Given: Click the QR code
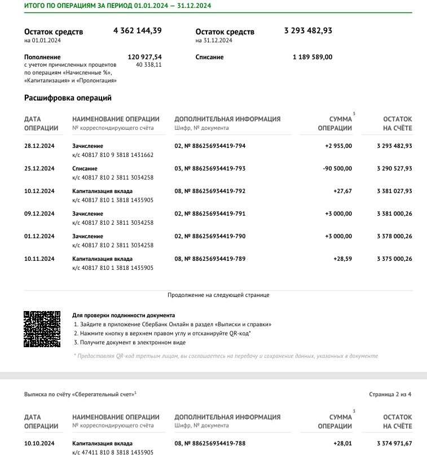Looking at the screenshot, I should (42, 329).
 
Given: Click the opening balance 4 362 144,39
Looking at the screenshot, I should (137, 31).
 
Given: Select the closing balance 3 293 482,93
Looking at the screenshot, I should (308, 31).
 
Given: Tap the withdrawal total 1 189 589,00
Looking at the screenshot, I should (312, 57).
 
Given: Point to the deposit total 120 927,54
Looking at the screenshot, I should (145, 57).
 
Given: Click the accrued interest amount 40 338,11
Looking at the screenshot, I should (149, 65).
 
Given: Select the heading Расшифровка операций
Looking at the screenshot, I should (68, 98).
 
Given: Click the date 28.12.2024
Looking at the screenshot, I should (39, 146).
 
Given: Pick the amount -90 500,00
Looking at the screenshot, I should (337, 168).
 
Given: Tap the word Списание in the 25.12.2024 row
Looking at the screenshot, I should (85, 168).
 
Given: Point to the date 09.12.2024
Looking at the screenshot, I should (39, 213).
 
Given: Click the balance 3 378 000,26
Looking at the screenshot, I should (394, 236).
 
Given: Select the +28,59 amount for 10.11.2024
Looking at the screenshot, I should (342, 259).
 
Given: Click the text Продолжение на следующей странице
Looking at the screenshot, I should (218, 295).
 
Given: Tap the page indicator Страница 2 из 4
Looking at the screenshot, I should (390, 394).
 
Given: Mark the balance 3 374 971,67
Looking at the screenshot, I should (394, 443).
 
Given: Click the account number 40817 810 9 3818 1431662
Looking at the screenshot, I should (113, 155).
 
